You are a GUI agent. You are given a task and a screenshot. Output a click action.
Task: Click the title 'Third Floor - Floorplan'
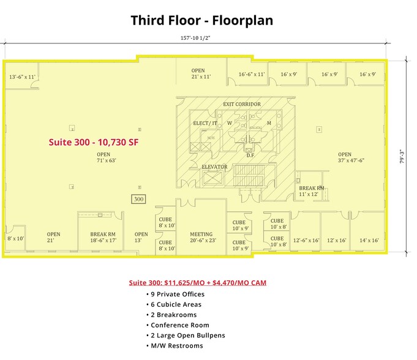(x=201, y=20)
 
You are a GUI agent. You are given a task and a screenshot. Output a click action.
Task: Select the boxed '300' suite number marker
(x=139, y=199)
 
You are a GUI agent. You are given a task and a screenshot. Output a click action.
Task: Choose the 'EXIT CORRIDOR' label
(x=241, y=104)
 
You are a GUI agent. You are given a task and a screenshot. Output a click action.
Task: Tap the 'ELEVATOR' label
(x=214, y=167)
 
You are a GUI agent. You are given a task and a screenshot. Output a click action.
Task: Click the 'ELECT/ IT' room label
(x=205, y=123)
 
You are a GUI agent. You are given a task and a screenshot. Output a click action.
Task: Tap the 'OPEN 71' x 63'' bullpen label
(x=103, y=157)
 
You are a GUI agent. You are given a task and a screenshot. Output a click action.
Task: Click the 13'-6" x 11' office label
(x=22, y=77)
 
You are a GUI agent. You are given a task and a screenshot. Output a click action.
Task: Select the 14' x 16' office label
(x=370, y=241)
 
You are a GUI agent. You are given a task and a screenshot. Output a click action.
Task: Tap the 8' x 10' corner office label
(x=15, y=238)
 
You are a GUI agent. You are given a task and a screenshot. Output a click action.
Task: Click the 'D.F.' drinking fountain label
(x=250, y=156)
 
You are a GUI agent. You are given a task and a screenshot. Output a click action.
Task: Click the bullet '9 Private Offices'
(x=178, y=294)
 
